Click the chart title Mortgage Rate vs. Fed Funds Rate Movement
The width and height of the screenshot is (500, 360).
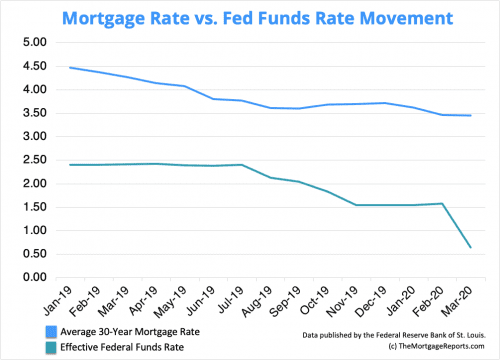250,17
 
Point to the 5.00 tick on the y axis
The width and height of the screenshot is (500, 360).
34,42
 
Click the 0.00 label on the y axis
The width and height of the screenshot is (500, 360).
34,277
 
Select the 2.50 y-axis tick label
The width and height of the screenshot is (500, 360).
34,160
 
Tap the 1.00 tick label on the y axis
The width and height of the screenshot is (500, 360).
34,230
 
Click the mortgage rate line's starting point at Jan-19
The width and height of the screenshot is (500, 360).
71,67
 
